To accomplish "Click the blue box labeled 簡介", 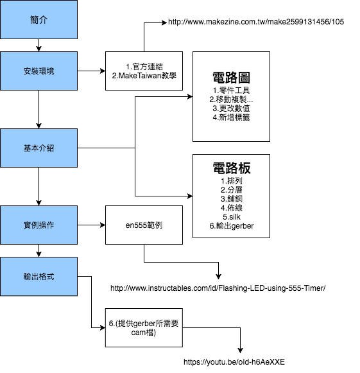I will pos(39,19).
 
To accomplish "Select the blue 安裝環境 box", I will pos(39,71).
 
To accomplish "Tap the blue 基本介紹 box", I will pos(39,148).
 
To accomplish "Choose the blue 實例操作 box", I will pos(39,225).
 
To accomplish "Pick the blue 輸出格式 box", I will pos(39,276).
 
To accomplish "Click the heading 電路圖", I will pos(231,78).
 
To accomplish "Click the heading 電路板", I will pos(231,168).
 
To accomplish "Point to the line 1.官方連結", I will pos(144,66).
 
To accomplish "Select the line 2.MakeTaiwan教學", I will pos(144,76).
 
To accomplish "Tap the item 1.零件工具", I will pos(231,91).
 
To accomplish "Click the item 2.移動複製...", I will pos(231,100).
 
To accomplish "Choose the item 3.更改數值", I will pos(231,108).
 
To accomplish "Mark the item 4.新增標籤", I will pos(231,117).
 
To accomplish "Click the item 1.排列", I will pos(231,181).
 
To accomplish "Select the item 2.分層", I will pos(231,190).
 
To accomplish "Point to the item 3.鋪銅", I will pos(231,199).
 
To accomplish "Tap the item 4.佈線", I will pos(231,208).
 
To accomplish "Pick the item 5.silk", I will pos(231,217).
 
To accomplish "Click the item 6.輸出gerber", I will pos(231,226).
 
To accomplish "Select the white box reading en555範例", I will pos(144,225).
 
